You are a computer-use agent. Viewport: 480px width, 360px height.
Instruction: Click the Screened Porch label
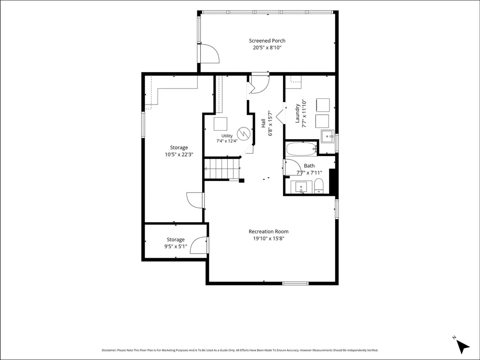click(267, 41)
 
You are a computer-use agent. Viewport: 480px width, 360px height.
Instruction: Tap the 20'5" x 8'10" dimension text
click(267, 48)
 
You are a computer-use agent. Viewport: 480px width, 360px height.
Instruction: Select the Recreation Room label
click(269, 232)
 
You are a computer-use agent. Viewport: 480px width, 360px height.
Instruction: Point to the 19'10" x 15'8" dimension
click(269, 239)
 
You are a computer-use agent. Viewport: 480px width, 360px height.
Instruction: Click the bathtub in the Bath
click(301, 149)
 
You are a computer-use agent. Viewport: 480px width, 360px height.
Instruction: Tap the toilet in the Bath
click(319, 186)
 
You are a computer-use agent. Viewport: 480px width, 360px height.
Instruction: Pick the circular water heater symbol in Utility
click(244, 134)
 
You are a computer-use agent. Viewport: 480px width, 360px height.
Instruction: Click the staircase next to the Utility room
click(222, 168)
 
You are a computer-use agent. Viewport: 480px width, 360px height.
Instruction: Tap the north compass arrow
click(463, 346)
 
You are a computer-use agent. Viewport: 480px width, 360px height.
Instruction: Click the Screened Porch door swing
click(209, 53)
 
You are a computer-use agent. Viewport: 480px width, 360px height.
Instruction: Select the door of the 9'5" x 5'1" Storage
click(199, 245)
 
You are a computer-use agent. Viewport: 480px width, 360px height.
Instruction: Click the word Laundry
click(297, 113)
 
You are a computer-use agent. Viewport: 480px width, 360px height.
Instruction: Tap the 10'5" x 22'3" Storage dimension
click(179, 155)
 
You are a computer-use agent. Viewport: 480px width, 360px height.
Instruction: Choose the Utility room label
click(227, 135)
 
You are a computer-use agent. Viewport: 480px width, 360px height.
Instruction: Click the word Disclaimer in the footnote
click(109, 350)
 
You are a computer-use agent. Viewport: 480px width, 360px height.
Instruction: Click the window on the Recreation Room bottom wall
click(295, 283)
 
